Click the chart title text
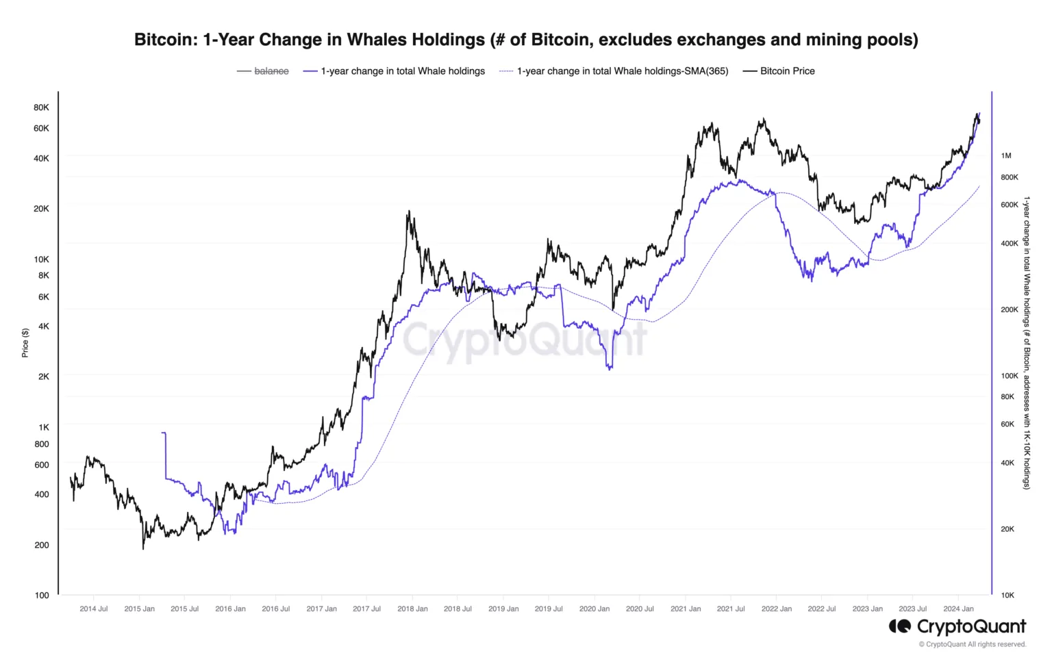tap(525, 40)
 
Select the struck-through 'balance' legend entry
tap(271, 71)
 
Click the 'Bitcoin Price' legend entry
tap(787, 71)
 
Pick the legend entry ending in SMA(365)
tap(622, 71)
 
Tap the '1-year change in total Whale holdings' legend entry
tap(402, 71)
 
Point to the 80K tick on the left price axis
tap(41, 107)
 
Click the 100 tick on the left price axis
tap(42, 595)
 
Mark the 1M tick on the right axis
tap(1006, 156)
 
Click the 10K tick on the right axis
tap(1007, 595)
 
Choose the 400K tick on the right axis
tap(1010, 244)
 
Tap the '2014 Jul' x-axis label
tap(94, 609)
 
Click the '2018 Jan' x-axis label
tap(412, 609)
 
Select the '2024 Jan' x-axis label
tap(958, 609)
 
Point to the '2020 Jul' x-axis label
tap(640, 609)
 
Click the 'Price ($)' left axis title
tap(25, 342)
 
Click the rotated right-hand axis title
tap(1027, 342)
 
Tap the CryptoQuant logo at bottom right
tap(957, 626)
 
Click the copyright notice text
tap(973, 644)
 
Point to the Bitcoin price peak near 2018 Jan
tap(408, 212)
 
